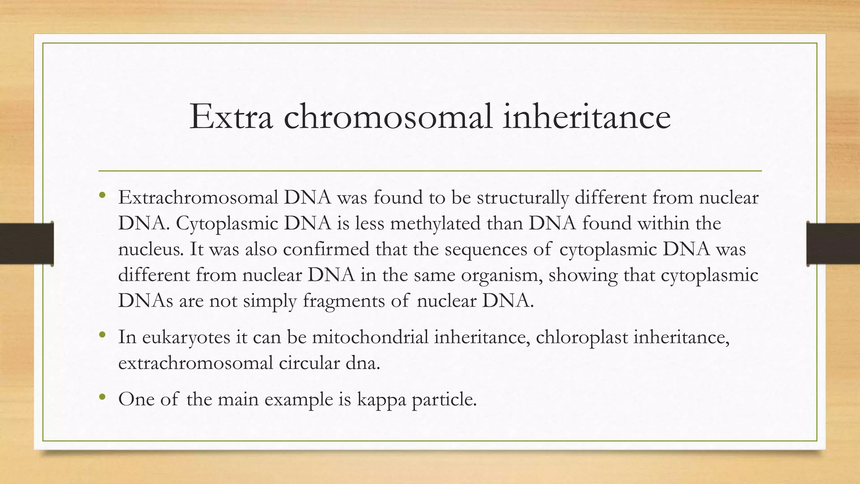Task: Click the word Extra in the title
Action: coord(231,117)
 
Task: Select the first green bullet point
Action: coord(102,195)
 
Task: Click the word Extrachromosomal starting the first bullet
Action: coord(198,197)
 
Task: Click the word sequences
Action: coord(485,249)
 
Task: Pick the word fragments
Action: coord(343,301)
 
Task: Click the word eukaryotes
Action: coord(186,337)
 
